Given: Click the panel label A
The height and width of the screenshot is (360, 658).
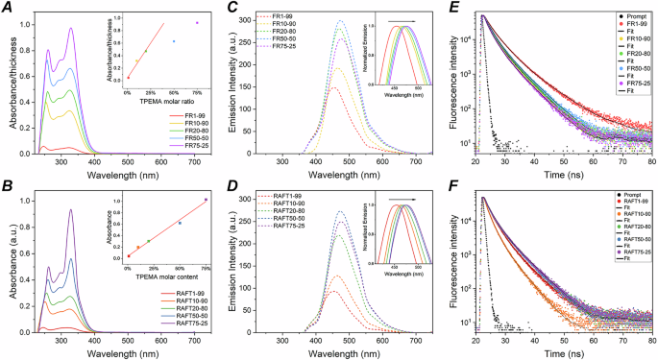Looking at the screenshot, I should [x=7, y=7].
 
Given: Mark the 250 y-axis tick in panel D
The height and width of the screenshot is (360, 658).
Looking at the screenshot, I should [x=247, y=224].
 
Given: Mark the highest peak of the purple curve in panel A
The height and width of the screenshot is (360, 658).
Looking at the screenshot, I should [x=71, y=28].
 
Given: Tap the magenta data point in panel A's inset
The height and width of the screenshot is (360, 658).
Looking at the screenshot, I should [x=198, y=22].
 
